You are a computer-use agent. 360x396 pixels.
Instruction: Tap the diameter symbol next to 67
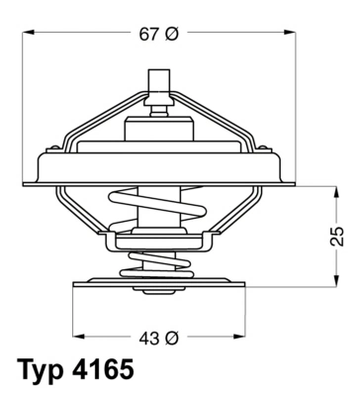[x=171, y=35]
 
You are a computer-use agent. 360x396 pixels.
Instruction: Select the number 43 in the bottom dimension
[x=147, y=338]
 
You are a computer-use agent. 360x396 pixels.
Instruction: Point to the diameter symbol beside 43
[x=171, y=338]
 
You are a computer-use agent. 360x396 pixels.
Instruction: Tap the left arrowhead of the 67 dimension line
[x=28, y=35]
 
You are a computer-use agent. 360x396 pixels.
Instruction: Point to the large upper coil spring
[x=159, y=212]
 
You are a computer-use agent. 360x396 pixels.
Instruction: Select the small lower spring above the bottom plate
[x=159, y=263]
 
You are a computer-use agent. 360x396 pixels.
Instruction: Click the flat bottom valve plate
[x=159, y=283]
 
